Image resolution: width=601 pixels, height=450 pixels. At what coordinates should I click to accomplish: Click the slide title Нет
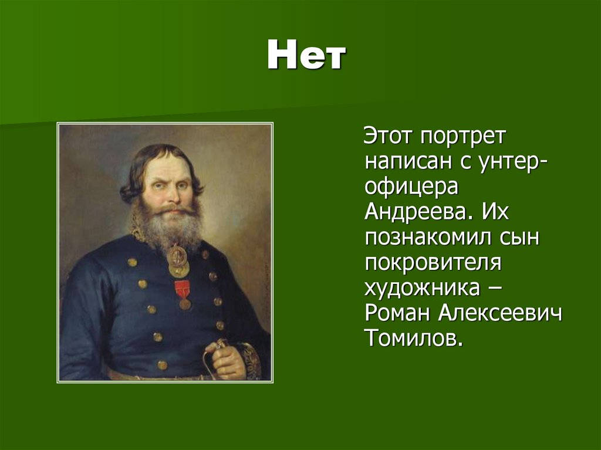click(306, 57)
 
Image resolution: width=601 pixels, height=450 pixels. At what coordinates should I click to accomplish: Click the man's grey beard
click(167, 226)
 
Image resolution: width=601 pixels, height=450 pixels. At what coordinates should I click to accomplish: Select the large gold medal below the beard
click(178, 260)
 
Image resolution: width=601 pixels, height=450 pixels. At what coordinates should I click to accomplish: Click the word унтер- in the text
click(516, 161)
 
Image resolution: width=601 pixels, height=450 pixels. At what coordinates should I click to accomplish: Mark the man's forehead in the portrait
click(168, 166)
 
